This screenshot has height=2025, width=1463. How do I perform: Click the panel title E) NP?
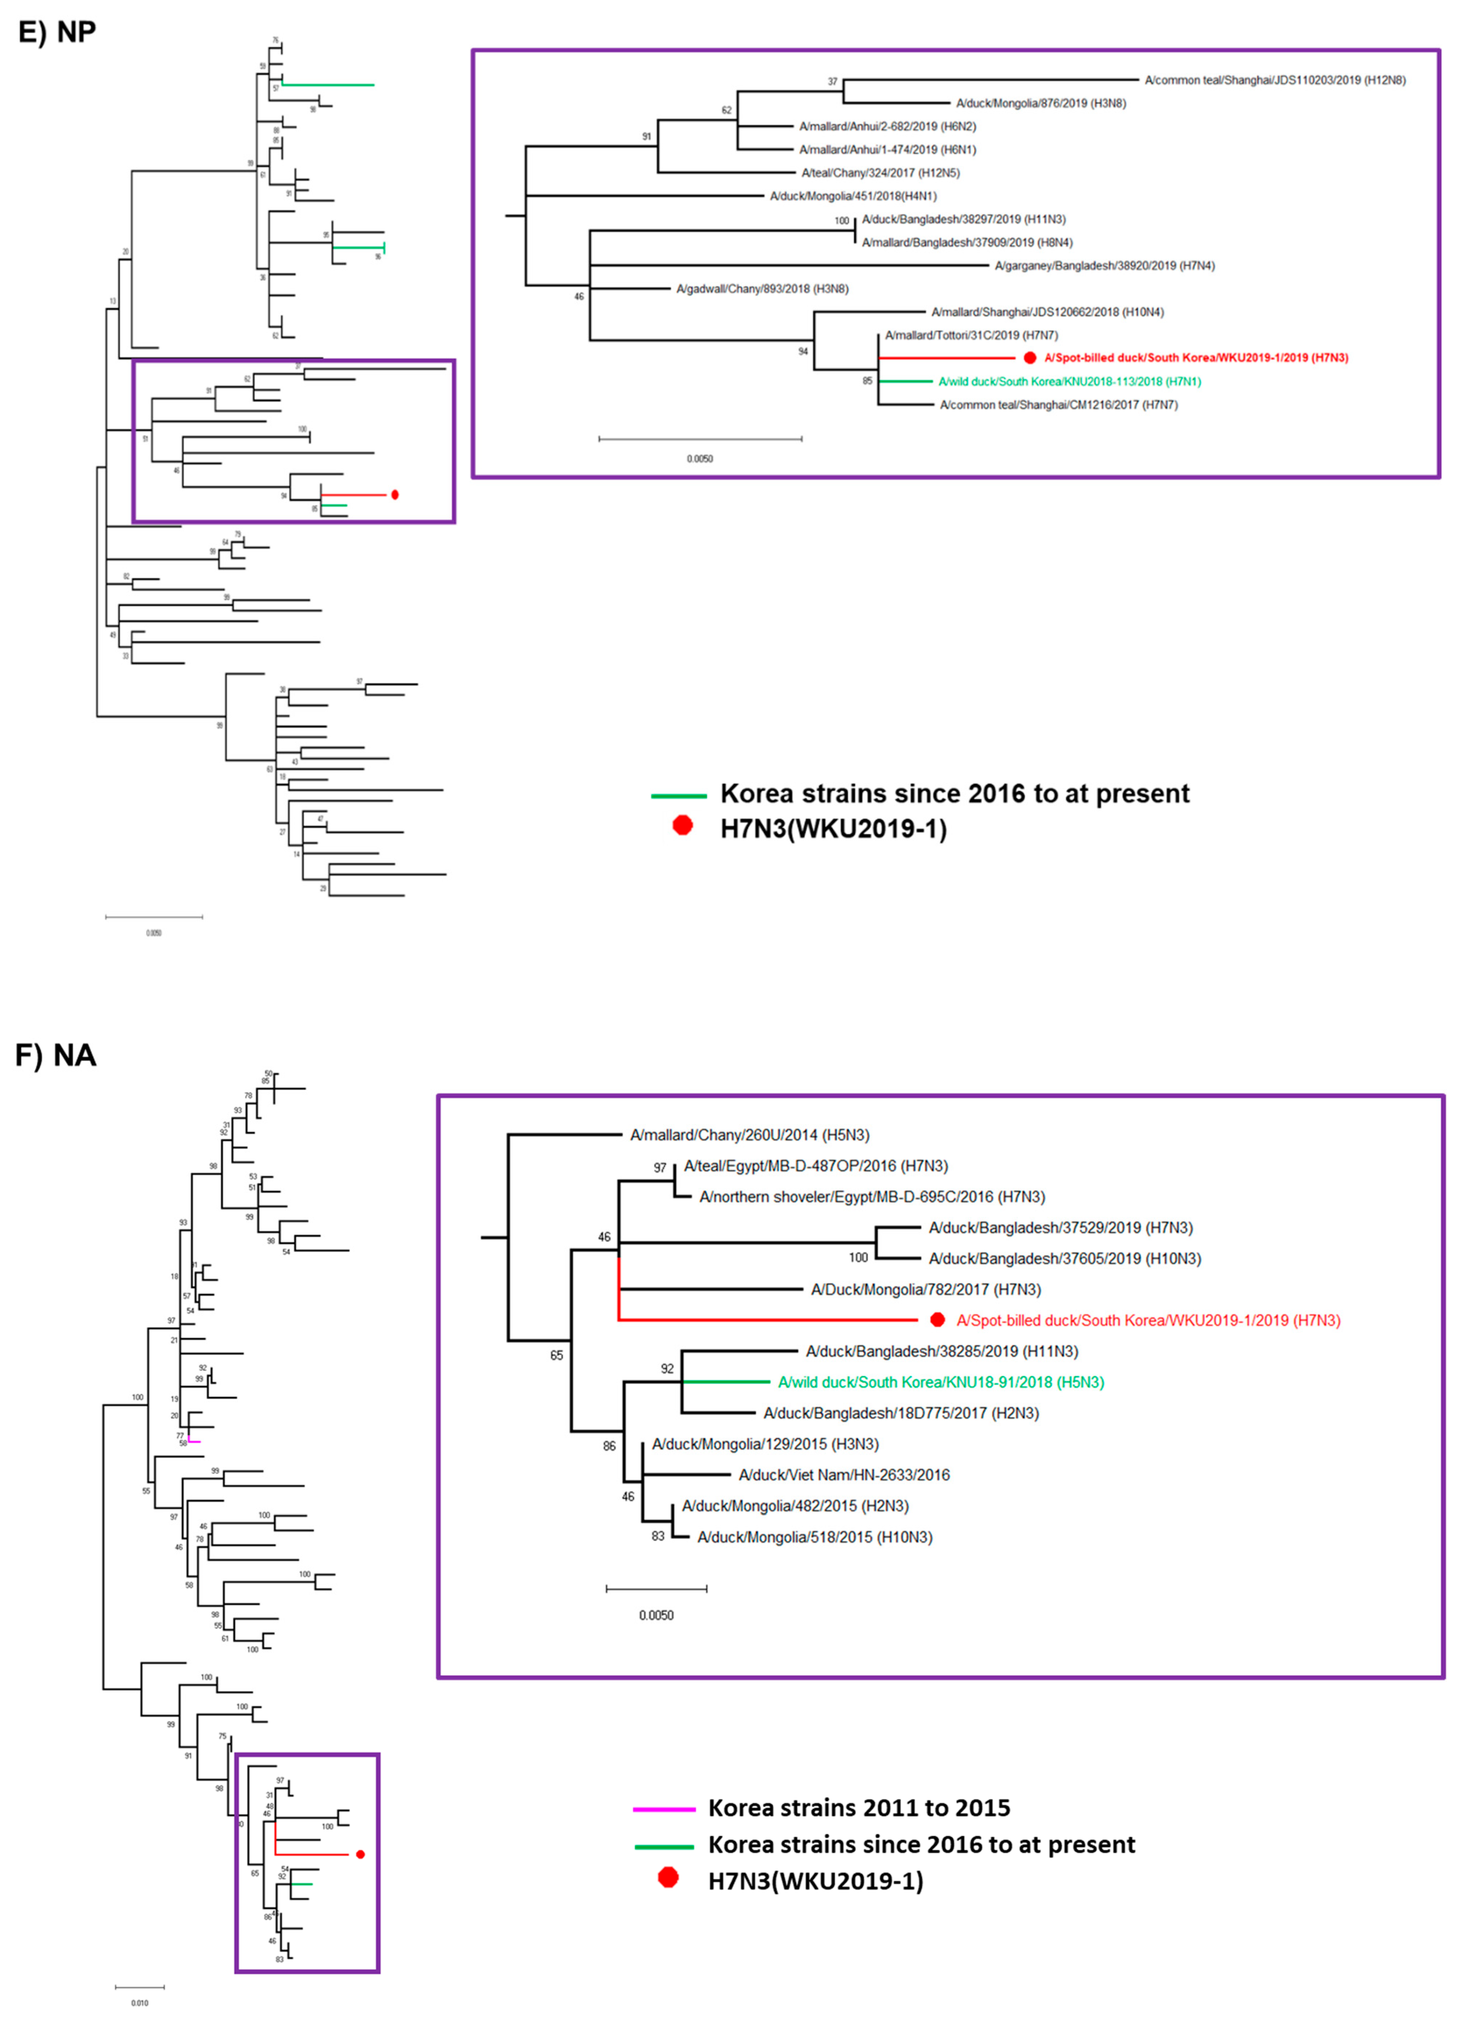pyautogui.click(x=57, y=32)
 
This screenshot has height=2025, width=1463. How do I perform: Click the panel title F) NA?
pyautogui.click(x=55, y=1055)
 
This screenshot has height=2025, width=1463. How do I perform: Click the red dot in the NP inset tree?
pyautogui.click(x=1030, y=358)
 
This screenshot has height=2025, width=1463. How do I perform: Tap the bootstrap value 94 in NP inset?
pyautogui.click(x=803, y=352)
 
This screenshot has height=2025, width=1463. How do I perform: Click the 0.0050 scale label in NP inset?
pyautogui.click(x=700, y=459)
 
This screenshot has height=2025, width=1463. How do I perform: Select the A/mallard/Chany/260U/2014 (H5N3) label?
pyautogui.click(x=749, y=1135)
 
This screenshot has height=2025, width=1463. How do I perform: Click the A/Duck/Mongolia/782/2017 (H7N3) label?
pyautogui.click(x=925, y=1289)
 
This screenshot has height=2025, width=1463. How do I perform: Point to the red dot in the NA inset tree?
pyautogui.click(x=937, y=1320)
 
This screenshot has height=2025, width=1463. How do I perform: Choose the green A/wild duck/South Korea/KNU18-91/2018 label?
pyautogui.click(x=940, y=1382)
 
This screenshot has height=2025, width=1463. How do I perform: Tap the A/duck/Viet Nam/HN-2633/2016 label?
pyautogui.click(x=844, y=1475)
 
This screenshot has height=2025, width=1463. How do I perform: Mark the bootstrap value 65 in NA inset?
pyautogui.click(x=556, y=1355)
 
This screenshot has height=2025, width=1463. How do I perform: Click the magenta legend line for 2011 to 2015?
pyautogui.click(x=664, y=1809)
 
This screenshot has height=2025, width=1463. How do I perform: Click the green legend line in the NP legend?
pyautogui.click(x=679, y=795)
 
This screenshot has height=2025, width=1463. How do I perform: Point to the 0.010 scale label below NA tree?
pyautogui.click(x=139, y=2003)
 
